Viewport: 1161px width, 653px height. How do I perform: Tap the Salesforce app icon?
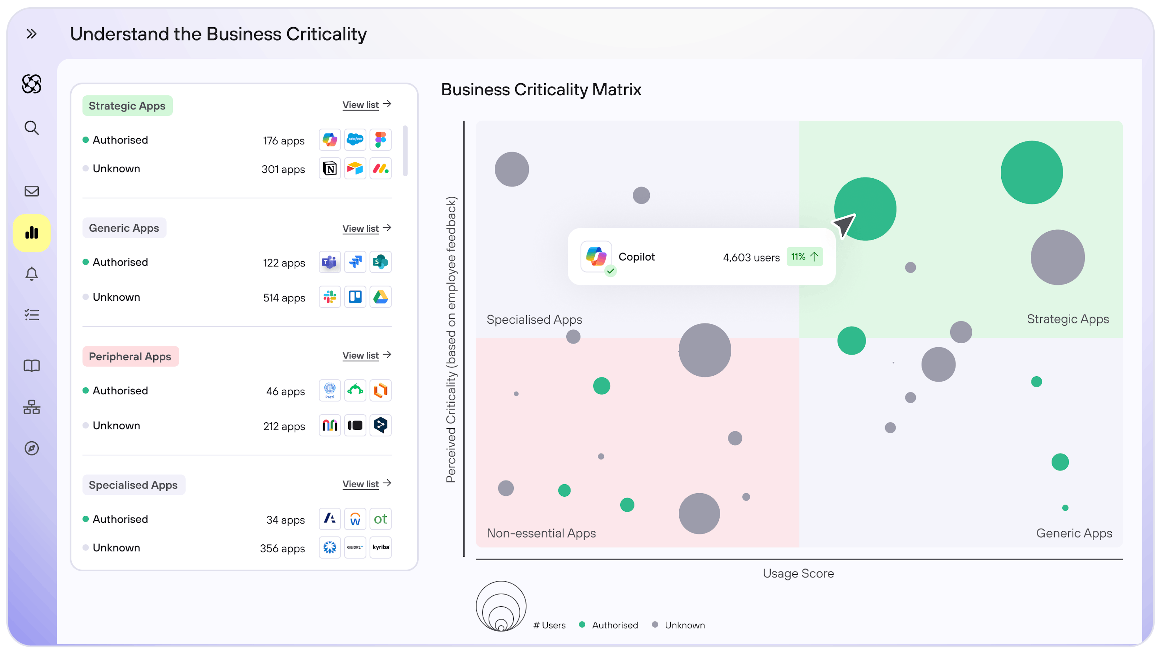pyautogui.click(x=355, y=140)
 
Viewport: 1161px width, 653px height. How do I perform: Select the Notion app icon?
pyautogui.click(x=330, y=169)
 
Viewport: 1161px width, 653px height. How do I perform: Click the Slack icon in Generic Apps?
pyautogui.click(x=330, y=297)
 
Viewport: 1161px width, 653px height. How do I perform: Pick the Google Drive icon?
pyautogui.click(x=380, y=297)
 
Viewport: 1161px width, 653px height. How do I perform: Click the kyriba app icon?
pyautogui.click(x=380, y=547)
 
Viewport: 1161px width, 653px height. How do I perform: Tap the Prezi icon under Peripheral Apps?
pyautogui.click(x=330, y=390)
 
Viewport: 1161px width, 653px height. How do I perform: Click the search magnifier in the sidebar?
pyautogui.click(x=31, y=128)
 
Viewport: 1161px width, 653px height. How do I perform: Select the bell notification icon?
pyautogui.click(x=31, y=274)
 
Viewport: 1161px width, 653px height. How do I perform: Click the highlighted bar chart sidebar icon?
pyautogui.click(x=31, y=233)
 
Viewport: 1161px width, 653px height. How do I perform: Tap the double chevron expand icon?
pyautogui.click(x=31, y=34)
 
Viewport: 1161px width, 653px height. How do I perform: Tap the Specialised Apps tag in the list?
pyautogui.click(x=133, y=485)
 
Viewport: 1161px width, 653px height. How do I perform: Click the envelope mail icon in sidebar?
pyautogui.click(x=31, y=191)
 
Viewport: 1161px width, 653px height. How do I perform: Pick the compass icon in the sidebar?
pyautogui.click(x=31, y=448)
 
